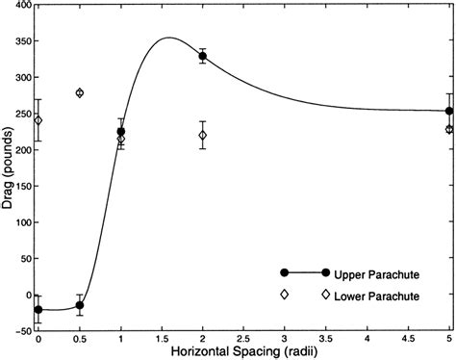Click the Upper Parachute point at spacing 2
coord(203,57)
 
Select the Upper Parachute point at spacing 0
coord(38,309)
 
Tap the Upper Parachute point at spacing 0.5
coord(80,305)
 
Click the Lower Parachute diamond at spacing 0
coord(38,120)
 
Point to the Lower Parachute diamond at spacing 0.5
coord(80,92)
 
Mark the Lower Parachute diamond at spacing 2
coord(203,135)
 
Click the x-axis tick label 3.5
coord(326,341)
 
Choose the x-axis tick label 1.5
coord(162,341)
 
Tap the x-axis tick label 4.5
coord(408,341)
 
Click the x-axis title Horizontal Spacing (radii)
coord(243,353)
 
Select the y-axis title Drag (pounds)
coord(8,168)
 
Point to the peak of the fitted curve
coord(169,38)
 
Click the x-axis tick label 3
coord(285,341)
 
